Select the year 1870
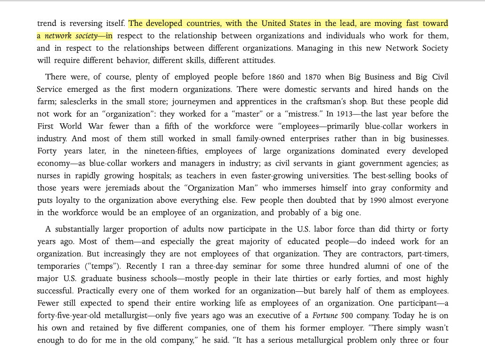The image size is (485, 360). click(313, 77)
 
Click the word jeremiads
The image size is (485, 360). click(100, 188)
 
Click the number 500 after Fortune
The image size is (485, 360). click(353, 315)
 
